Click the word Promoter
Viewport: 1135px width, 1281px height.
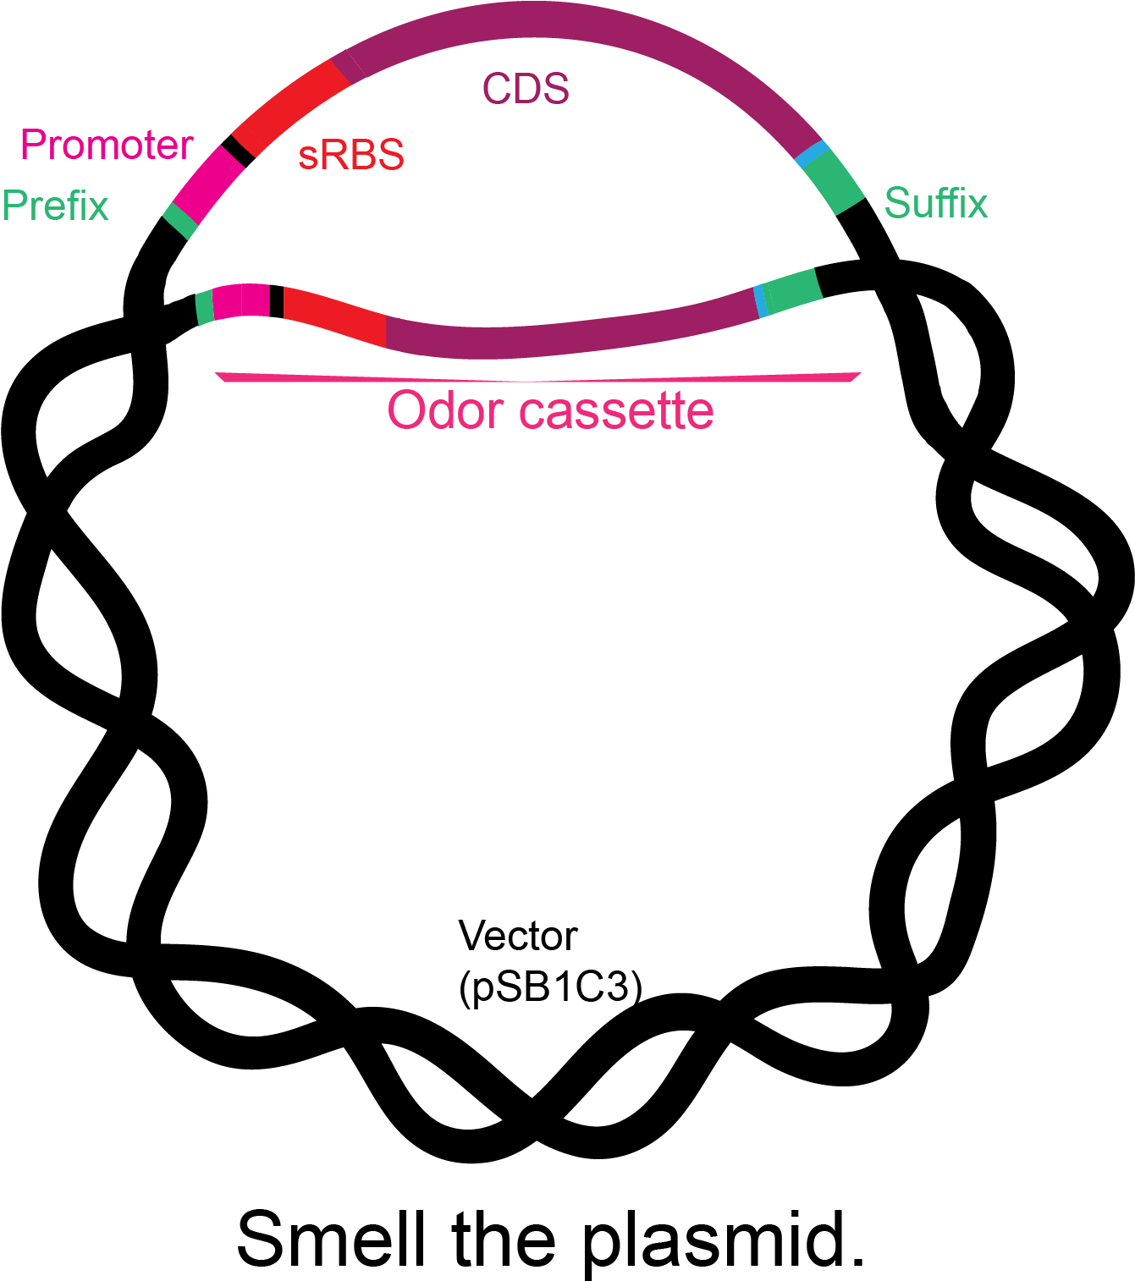tap(107, 146)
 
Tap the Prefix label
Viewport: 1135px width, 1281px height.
tap(55, 206)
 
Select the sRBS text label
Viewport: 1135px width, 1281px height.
tap(351, 156)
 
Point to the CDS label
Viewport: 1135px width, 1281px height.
tap(526, 89)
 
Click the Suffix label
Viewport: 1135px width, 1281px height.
tap(935, 204)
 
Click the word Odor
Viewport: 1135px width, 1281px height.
tap(444, 411)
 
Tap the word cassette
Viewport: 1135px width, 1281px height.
tap(616, 411)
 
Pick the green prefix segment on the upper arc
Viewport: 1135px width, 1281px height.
tap(179, 221)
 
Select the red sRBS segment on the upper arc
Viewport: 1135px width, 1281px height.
tap(290, 107)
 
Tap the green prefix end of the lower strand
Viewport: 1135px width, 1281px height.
tap(204, 307)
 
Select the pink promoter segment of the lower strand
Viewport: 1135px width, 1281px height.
tap(241, 301)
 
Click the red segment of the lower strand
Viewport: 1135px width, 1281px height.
tap(334, 316)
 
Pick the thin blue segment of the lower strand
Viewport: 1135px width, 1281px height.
tap(761, 302)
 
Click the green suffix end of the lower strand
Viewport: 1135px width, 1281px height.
tap(793, 290)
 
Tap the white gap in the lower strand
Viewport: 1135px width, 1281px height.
tap(277, 301)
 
